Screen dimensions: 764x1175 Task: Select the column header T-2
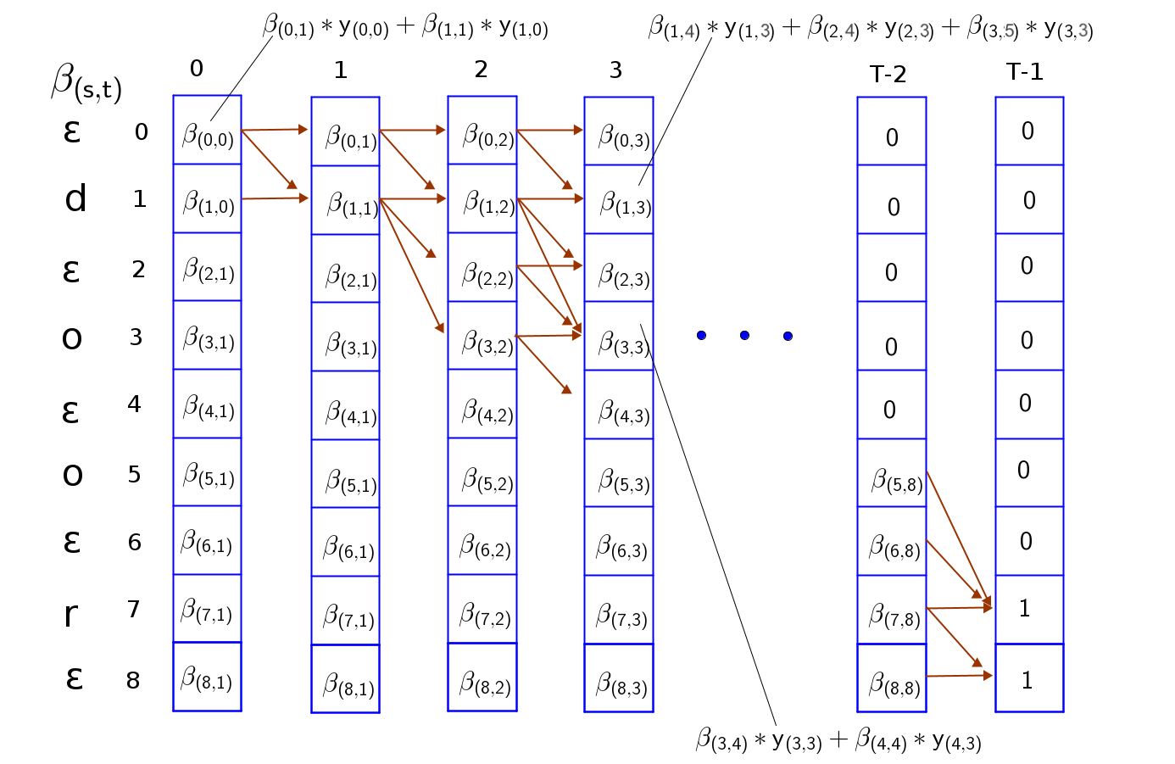coord(888,75)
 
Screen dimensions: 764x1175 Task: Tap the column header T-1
coord(1024,72)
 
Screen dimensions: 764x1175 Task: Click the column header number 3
coord(616,70)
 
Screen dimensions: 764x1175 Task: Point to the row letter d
coord(75,199)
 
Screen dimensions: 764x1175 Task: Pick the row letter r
coord(71,613)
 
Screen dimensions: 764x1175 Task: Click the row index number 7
coord(133,609)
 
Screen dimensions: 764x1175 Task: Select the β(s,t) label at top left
coord(86,83)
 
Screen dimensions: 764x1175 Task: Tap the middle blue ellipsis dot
coord(744,336)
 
